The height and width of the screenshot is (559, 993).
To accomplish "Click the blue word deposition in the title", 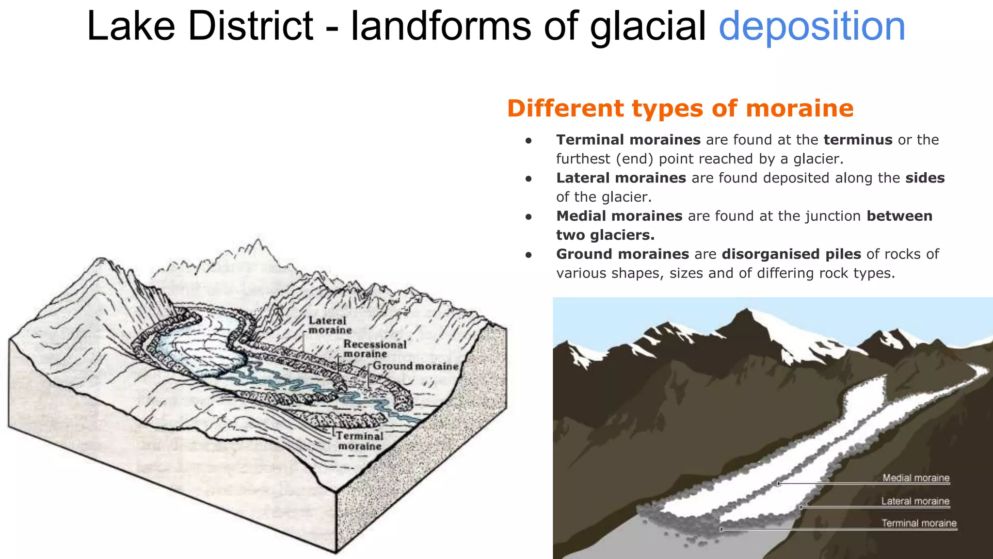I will tap(812, 27).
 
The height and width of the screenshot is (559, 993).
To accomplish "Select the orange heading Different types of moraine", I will tap(680, 108).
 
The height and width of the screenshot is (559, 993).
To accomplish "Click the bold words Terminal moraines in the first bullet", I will tap(628, 140).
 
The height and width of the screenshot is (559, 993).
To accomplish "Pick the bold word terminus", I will tap(858, 140).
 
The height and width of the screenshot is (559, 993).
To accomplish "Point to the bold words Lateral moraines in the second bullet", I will tap(621, 178).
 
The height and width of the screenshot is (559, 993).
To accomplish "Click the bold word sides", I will tap(925, 178).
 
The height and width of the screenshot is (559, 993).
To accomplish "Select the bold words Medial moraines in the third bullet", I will tap(619, 216).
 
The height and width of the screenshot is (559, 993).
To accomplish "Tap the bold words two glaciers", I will tap(605, 235).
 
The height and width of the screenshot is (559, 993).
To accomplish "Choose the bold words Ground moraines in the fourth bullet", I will tap(623, 254).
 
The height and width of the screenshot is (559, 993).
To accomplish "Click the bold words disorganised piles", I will tap(791, 254).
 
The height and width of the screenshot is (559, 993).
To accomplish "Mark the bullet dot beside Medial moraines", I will tap(529, 217).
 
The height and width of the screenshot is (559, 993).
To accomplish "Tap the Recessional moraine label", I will tap(374, 348).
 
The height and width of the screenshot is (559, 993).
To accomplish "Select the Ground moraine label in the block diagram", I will tap(416, 366).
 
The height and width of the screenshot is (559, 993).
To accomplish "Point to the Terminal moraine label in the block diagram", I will tap(360, 441).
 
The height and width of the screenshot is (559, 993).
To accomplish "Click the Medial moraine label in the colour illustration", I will tap(915, 478).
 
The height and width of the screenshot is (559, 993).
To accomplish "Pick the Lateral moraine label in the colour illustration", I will tap(915, 501).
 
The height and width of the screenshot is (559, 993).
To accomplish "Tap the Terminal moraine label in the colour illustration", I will tap(919, 523).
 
